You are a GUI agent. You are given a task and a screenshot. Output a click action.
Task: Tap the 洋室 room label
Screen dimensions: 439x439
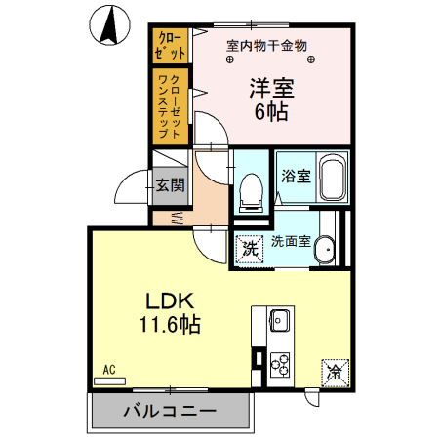pyautogui.click(x=271, y=86)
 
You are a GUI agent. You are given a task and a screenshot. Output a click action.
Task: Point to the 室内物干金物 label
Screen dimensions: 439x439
pyautogui.click(x=266, y=45)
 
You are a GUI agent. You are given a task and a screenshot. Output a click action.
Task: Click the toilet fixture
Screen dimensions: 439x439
pyautogui.click(x=251, y=189)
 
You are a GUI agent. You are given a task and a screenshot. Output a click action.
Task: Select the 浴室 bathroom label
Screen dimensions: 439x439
pyautogui.click(x=296, y=177)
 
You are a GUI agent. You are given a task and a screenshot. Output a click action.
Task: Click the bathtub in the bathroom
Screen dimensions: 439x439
pyautogui.click(x=333, y=179)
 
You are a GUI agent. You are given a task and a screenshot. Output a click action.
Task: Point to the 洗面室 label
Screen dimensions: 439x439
pyautogui.click(x=291, y=241)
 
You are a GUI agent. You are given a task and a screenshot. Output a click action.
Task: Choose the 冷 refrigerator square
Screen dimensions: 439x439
pyautogui.click(x=334, y=372)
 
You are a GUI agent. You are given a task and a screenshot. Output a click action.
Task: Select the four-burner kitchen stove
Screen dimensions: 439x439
pyautogui.click(x=279, y=364)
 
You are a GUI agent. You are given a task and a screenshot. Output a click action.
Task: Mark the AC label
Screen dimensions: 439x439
pyautogui.click(x=109, y=370)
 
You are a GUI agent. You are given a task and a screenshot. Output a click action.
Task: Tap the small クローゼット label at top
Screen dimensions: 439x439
pyautogui.click(x=170, y=45)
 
